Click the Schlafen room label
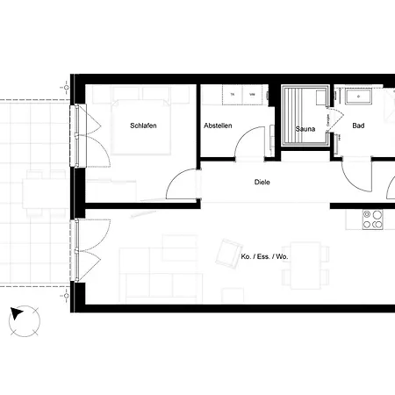[x=143, y=126]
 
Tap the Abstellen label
[x=218, y=126]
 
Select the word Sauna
[x=305, y=129]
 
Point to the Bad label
[x=358, y=126]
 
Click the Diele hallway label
[x=262, y=183]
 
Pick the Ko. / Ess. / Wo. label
[x=263, y=256]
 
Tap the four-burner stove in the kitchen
[x=373, y=219]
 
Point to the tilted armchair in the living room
[x=230, y=253]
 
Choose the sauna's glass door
[x=330, y=123]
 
